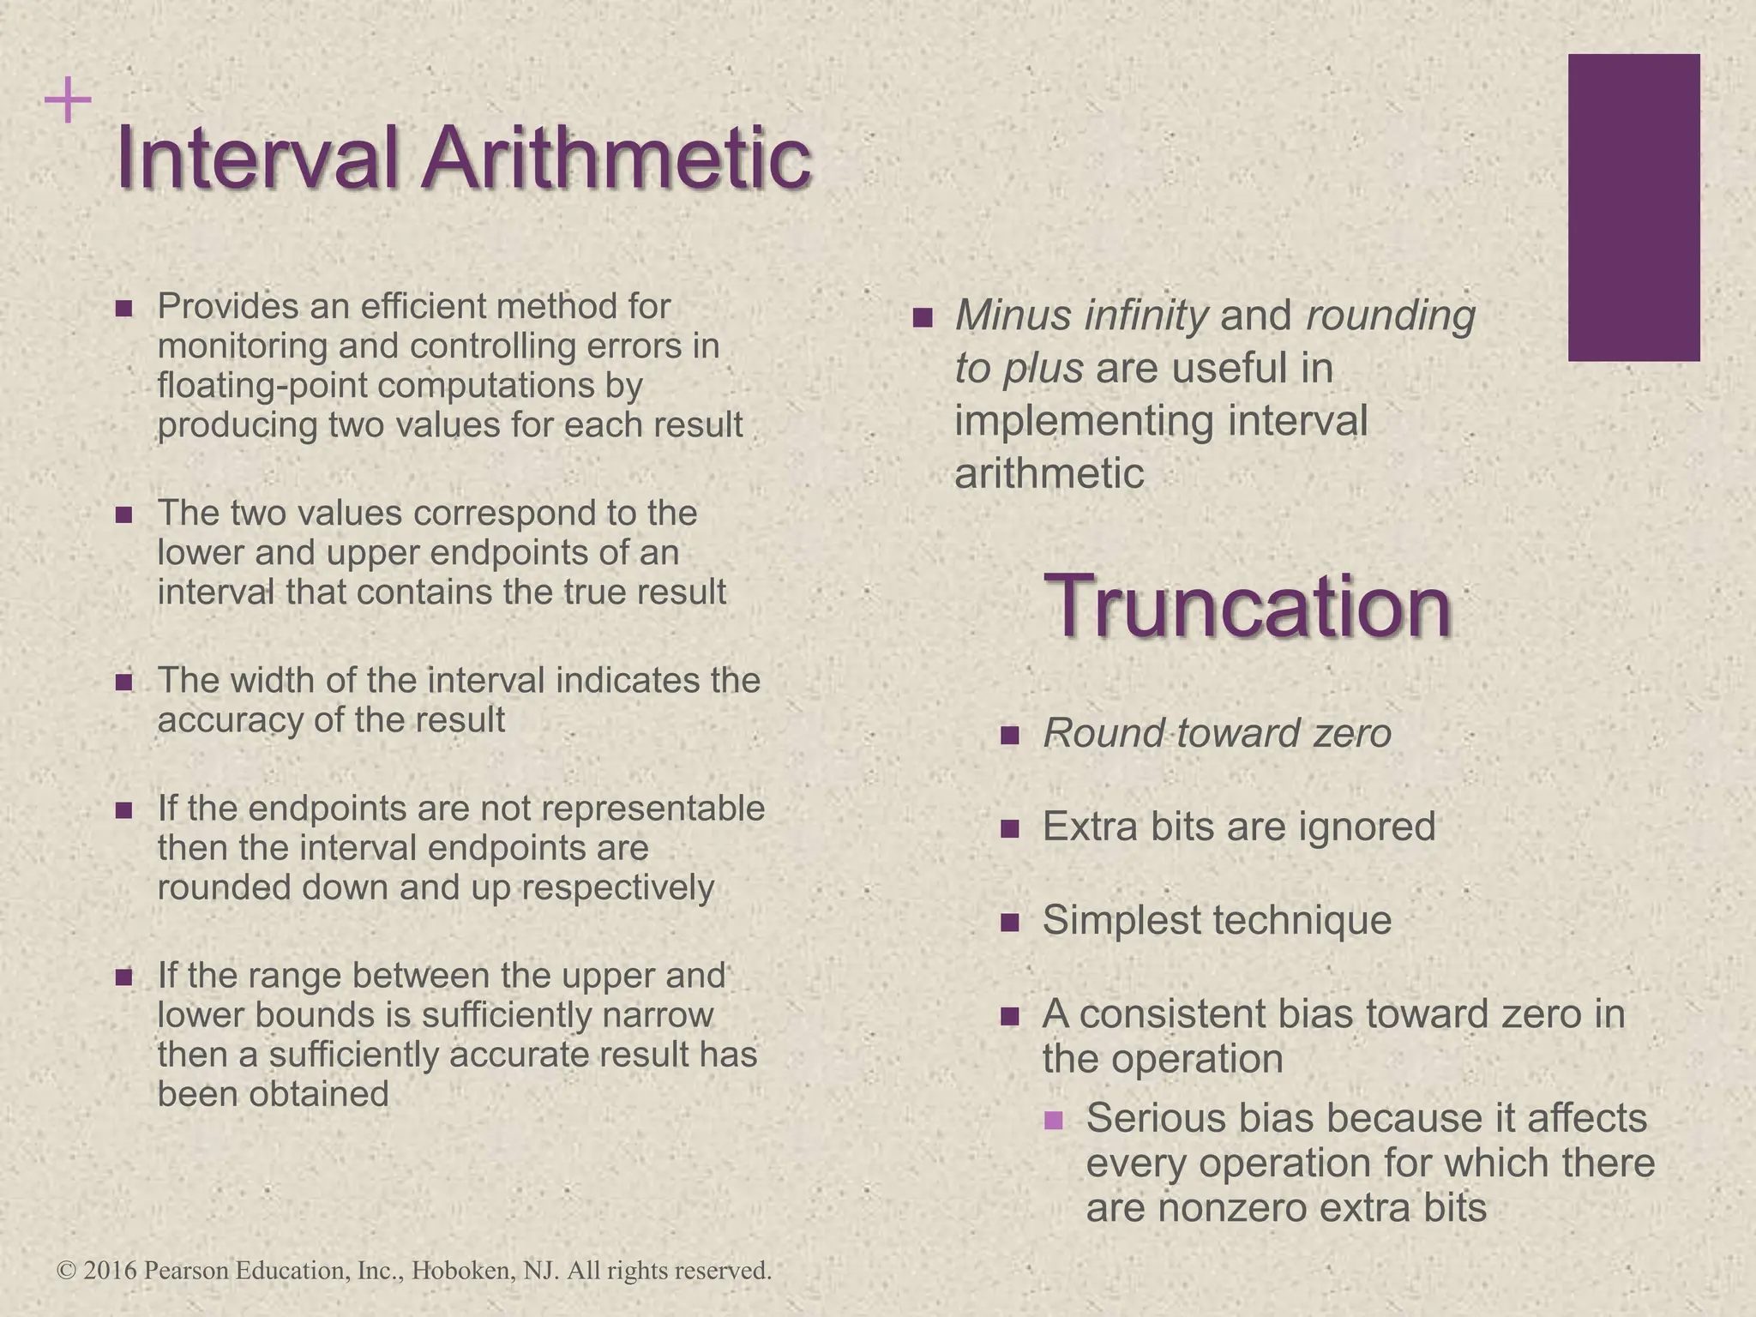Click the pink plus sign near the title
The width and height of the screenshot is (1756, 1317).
68,102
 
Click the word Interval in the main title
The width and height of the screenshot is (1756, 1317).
257,159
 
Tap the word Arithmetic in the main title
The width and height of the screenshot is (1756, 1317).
615,159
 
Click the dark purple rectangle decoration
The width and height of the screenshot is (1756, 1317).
1633,207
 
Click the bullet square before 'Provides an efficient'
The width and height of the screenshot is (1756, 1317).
123,308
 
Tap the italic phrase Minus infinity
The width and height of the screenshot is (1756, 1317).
1081,316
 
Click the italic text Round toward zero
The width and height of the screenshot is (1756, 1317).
1217,734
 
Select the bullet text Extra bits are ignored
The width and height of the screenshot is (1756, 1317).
1238,827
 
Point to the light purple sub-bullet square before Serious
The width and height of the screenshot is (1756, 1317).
1054,1120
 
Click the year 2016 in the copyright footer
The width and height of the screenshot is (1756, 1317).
111,1271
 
